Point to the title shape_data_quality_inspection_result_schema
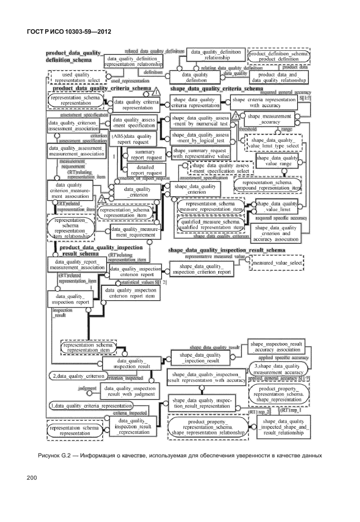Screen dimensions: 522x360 [226, 250]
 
